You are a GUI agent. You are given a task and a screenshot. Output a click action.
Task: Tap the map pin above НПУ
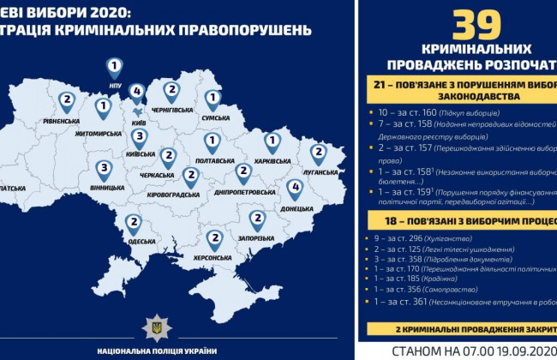pos(115,66)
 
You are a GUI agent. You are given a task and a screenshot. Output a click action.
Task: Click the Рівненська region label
pos(64,121)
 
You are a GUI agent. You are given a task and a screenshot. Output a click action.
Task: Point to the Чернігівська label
pos(171,110)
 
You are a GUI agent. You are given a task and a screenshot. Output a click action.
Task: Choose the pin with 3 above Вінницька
pos(105,168)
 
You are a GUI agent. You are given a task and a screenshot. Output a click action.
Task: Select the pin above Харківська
pos(273,141)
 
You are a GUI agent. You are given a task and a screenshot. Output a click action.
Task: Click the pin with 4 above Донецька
pos(295,188)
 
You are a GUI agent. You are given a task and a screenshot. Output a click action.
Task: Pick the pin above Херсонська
pos(214,239)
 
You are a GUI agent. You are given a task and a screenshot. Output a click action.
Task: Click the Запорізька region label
pos(257,239)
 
